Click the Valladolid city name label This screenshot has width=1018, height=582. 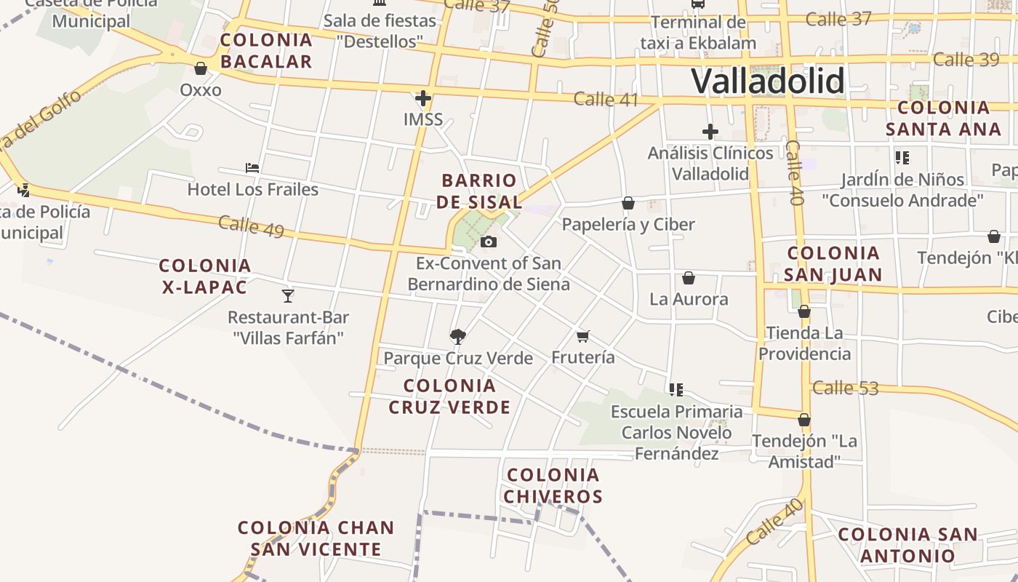tap(767, 81)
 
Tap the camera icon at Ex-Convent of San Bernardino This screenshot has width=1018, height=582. tap(489, 242)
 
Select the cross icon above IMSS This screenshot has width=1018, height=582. tap(423, 97)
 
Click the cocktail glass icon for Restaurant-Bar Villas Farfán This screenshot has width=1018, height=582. tap(288, 295)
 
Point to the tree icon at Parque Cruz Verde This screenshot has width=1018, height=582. tap(458, 336)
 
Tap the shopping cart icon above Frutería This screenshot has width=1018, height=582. tap(582, 336)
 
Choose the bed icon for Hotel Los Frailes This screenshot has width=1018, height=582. tap(252, 168)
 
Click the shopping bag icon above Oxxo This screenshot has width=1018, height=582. tap(201, 69)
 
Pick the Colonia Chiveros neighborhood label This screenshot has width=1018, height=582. tap(554, 486)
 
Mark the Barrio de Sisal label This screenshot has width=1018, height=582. tap(479, 191)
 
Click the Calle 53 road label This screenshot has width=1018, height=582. tap(846, 388)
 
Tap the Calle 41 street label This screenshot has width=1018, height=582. tap(606, 100)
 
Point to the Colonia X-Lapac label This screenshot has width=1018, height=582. tap(205, 276)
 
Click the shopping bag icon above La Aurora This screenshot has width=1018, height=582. tap(689, 278)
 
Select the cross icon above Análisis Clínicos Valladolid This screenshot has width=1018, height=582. tap(710, 132)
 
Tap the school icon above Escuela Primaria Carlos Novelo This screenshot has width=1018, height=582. tap(676, 390)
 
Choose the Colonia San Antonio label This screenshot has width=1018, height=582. tap(907, 545)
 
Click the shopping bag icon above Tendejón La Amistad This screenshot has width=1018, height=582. tap(804, 420)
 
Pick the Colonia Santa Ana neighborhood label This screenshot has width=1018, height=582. tap(944, 119)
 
